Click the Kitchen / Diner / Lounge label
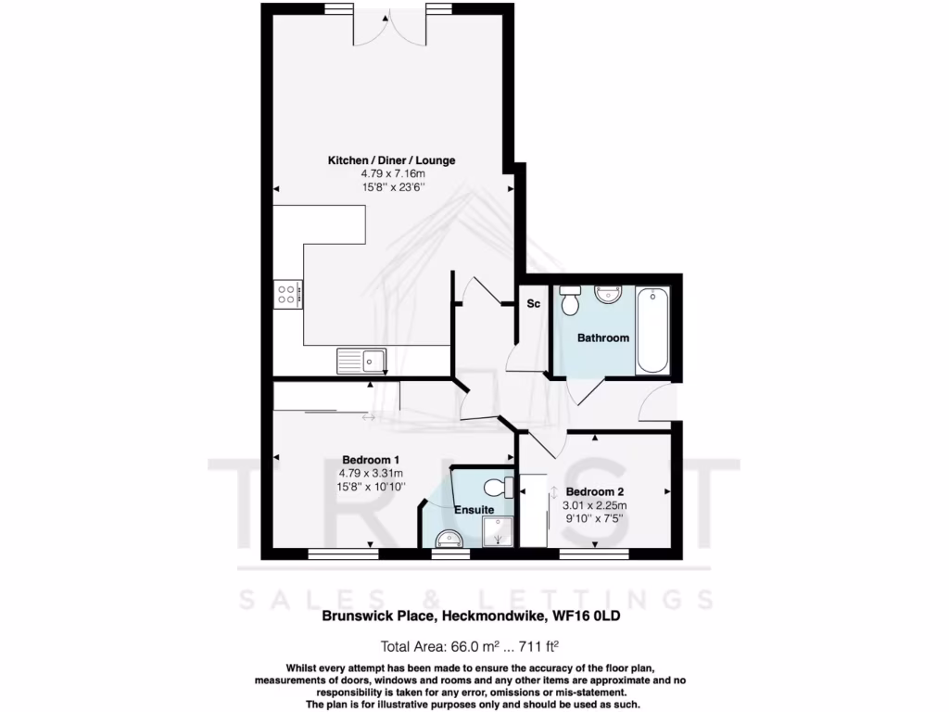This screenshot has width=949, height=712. pyautogui.click(x=391, y=160)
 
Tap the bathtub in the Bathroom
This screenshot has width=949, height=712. pyautogui.click(x=652, y=330)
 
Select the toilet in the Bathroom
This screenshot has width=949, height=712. pyautogui.click(x=570, y=299)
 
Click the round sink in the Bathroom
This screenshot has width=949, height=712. pyautogui.click(x=608, y=295)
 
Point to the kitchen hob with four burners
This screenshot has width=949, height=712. pyautogui.click(x=286, y=295)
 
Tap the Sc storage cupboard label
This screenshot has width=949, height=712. pyautogui.click(x=534, y=304)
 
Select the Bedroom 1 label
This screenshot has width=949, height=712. pyautogui.click(x=371, y=460)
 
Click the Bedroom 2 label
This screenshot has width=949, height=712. pyautogui.click(x=595, y=491)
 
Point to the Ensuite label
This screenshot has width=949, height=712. pyautogui.click(x=474, y=510)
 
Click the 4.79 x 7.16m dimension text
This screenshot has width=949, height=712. pyautogui.click(x=391, y=173)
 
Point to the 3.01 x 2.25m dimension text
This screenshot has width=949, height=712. pyautogui.click(x=595, y=505)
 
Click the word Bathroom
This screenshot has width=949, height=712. pyautogui.click(x=603, y=338)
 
